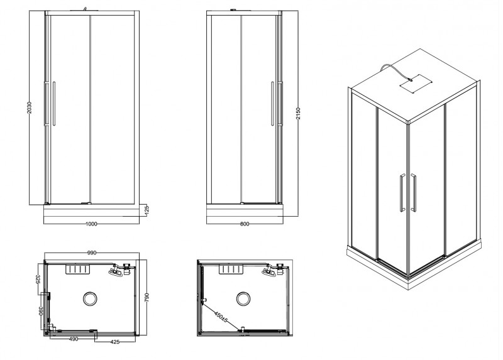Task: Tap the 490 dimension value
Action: [x=73, y=340]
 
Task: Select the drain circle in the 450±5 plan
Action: [x=244, y=297]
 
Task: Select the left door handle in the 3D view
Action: [x=401, y=193]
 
